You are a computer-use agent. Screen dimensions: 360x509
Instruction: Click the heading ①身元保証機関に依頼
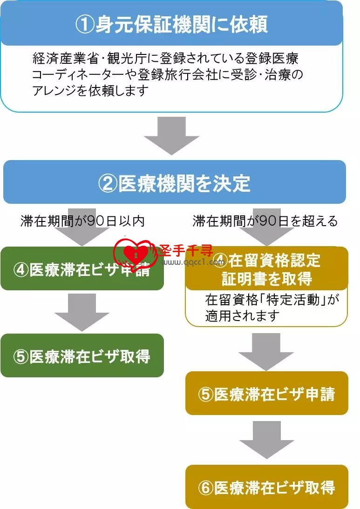(171, 24)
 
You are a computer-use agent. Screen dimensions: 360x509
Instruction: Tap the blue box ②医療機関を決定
(175, 182)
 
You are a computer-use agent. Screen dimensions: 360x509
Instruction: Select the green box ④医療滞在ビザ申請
(82, 269)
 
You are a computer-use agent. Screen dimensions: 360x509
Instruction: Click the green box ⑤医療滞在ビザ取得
(82, 355)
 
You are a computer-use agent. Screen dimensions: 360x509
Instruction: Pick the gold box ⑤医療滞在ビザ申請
(267, 393)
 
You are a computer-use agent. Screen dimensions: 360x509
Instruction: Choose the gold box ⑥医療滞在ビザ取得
(267, 487)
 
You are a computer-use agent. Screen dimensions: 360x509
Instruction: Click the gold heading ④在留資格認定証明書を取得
(267, 269)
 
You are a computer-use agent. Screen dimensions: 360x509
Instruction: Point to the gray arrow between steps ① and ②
(171, 136)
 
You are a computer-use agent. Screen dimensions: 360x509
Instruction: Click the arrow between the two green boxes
(82, 312)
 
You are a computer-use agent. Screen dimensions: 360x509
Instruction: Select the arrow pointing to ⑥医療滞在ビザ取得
(267, 440)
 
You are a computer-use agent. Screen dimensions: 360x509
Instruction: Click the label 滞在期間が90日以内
(82, 221)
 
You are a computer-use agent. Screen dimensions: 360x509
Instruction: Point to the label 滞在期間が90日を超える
(265, 221)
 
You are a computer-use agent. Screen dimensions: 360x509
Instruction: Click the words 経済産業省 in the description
(65, 59)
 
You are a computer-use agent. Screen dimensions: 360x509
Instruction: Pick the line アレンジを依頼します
(90, 91)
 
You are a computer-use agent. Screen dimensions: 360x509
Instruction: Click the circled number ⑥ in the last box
(206, 488)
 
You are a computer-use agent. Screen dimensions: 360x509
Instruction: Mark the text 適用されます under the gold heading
(242, 315)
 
